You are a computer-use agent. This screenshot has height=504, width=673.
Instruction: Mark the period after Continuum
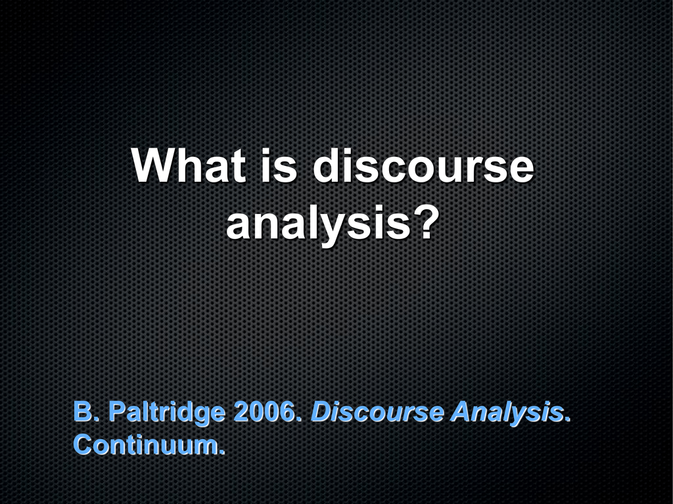pos(222,451)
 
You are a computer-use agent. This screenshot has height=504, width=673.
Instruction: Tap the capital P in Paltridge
pos(118,411)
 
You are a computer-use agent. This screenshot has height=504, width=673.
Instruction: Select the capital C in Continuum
pos(83,444)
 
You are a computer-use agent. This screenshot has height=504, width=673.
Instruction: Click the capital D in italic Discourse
pos(323,411)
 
